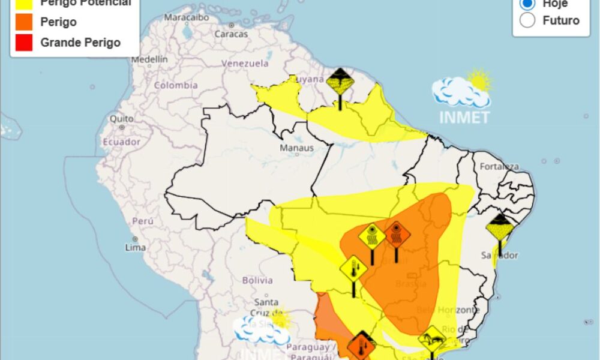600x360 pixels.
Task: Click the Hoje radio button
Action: click(527, 4)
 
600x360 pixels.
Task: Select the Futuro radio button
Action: click(527, 20)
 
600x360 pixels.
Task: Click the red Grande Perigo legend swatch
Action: click(25, 43)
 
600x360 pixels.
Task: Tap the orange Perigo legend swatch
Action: click(25, 22)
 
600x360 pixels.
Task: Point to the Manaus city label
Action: click(296, 148)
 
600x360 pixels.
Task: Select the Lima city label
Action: click(136, 247)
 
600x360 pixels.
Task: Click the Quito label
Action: click(121, 119)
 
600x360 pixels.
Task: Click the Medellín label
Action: click(149, 59)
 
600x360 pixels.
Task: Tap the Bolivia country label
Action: click(257, 280)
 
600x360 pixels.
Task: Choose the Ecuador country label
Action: click(121, 142)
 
